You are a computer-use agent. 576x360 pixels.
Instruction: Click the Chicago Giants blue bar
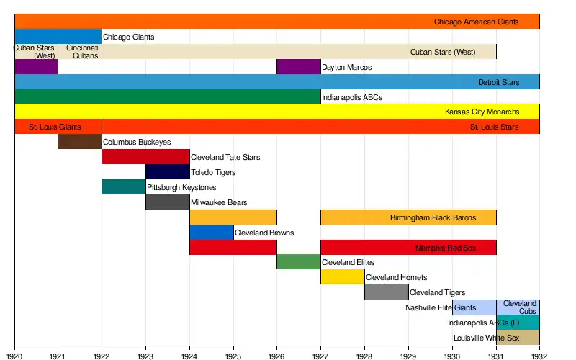58,37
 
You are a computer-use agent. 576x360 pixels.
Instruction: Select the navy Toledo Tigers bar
168,172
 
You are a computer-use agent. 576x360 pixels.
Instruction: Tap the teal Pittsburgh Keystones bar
124,187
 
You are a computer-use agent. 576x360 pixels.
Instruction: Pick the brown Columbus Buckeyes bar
80,142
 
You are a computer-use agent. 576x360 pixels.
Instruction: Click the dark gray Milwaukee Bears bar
168,202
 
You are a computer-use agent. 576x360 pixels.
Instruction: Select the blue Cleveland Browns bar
212,233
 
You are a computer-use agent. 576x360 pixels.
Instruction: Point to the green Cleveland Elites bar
299,262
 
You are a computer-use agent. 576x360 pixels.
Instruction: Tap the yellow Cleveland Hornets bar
343,277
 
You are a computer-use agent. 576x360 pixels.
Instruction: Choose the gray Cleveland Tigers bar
387,292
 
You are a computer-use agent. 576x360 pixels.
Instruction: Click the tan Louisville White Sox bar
518,338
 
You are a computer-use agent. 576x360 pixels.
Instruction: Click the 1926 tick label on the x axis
277,356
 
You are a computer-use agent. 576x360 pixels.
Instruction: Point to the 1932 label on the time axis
539,356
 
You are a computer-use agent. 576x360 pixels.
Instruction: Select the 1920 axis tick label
14,356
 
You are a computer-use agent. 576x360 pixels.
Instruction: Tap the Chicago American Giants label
475,22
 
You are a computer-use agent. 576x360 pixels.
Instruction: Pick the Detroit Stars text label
498,82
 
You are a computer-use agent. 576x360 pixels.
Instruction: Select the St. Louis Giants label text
55,127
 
